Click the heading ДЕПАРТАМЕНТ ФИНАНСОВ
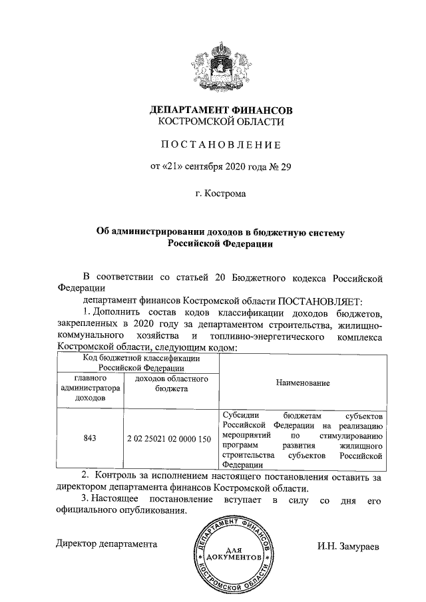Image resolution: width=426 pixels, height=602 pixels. (220, 109)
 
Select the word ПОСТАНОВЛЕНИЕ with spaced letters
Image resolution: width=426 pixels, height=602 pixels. (220, 144)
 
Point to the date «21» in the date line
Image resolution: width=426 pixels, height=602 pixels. (172, 166)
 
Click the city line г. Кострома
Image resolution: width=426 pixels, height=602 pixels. (220, 194)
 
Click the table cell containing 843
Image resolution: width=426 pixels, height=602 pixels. (91, 438)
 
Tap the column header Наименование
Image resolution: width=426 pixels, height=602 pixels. (303, 384)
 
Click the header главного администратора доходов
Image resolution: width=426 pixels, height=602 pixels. (91, 388)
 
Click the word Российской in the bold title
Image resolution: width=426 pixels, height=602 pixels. (194, 243)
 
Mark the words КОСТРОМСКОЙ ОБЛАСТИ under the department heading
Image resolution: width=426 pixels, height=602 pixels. (220, 122)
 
